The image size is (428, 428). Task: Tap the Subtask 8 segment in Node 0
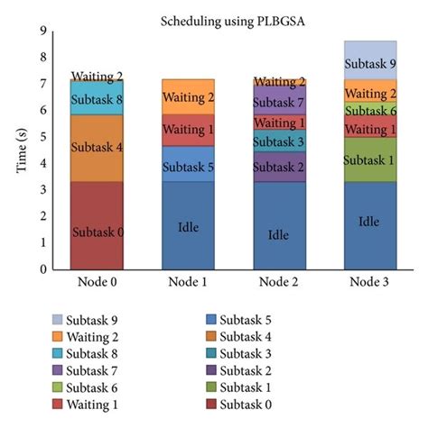97,101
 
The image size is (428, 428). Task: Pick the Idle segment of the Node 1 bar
188,225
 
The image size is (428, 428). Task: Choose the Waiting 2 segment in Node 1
188,96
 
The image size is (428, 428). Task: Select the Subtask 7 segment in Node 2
280,101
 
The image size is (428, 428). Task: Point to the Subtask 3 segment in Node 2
280,141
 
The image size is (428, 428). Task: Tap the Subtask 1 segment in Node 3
371,159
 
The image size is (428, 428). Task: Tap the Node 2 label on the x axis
280,283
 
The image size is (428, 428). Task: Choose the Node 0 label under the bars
97,283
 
